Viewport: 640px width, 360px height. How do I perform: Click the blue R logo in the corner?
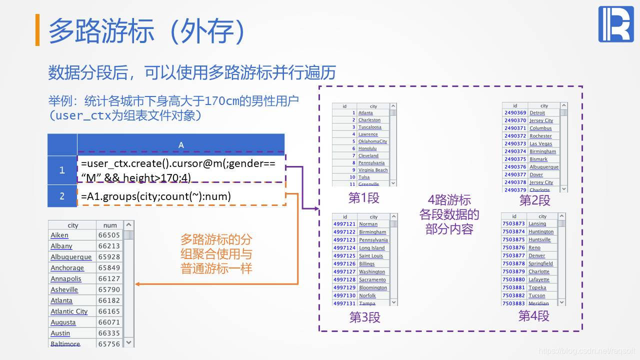pos(615,24)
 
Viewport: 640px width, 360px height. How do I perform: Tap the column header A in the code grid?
pos(181,145)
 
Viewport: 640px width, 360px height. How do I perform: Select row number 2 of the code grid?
pos(62,196)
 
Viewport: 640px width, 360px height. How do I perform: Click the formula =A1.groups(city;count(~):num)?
pos(156,196)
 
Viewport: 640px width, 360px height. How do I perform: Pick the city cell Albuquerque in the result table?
pos(71,257)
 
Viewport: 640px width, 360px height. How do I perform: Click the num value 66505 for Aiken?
pos(109,235)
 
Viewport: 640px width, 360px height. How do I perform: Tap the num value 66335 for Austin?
pos(109,333)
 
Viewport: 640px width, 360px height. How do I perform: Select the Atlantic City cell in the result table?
pos(69,311)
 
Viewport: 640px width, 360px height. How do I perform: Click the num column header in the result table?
pos(109,225)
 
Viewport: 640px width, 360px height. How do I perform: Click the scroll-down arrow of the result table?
pos(128,342)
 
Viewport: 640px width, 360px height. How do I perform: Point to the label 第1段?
pos(363,198)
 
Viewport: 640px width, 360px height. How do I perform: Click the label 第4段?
pos(533,315)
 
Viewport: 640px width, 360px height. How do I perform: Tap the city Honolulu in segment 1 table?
pos(367,148)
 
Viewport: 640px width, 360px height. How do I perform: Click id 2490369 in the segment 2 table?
pos(515,113)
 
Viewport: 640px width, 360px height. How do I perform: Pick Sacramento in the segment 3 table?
pos(372,280)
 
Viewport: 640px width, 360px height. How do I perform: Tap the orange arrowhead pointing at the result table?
pos(137,284)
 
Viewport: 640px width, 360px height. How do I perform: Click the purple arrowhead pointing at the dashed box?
pos(316,208)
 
